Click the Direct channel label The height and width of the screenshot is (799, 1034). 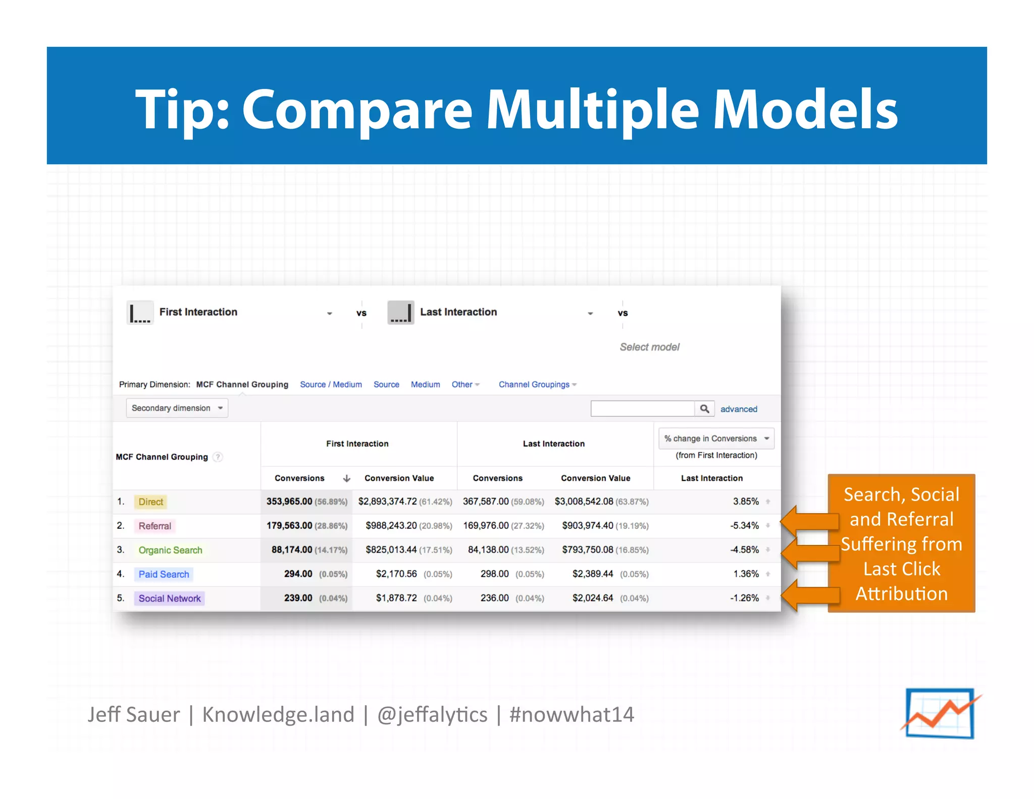pyautogui.click(x=150, y=502)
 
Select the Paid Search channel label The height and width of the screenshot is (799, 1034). pyautogui.click(x=164, y=574)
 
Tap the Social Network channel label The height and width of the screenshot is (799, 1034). pyautogui.click(x=170, y=598)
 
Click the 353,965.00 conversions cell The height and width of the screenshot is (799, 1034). pyautogui.click(x=289, y=502)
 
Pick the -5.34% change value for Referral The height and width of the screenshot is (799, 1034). pyautogui.click(x=744, y=526)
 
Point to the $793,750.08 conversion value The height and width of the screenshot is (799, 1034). pyautogui.click(x=588, y=550)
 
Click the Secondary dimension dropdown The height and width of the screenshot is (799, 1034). pyautogui.click(x=177, y=408)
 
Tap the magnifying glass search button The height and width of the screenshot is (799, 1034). pyautogui.click(x=704, y=409)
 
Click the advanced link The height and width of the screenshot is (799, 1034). pyautogui.click(x=738, y=409)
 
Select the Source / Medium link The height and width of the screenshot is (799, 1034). pyautogui.click(x=331, y=384)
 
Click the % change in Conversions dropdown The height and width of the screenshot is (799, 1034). pyautogui.click(x=716, y=438)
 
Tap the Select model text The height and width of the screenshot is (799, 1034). pyautogui.click(x=649, y=347)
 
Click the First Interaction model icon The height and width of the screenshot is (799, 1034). pyautogui.click(x=140, y=313)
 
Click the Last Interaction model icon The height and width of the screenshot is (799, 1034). pyautogui.click(x=401, y=313)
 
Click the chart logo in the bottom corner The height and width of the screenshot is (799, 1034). pyautogui.click(x=940, y=714)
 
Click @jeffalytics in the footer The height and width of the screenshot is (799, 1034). pyautogui.click(x=432, y=715)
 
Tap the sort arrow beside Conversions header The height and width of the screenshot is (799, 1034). pyautogui.click(x=346, y=478)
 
